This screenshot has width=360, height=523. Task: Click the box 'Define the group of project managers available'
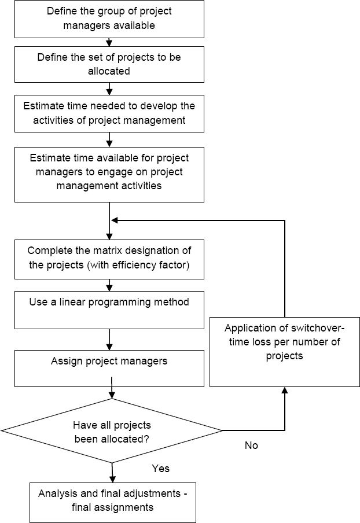(x=109, y=19)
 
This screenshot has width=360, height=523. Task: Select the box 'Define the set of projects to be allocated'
(x=109, y=64)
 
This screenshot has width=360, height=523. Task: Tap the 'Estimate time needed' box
(x=109, y=113)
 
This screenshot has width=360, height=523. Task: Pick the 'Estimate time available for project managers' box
(x=109, y=174)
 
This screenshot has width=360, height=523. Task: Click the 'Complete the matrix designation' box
(x=109, y=257)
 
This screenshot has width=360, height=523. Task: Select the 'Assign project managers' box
(x=109, y=367)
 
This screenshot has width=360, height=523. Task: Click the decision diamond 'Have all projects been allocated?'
(x=111, y=431)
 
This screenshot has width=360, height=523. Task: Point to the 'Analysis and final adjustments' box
(x=112, y=500)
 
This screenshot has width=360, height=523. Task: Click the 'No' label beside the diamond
(x=251, y=445)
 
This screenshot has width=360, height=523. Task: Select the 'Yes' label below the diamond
(x=160, y=468)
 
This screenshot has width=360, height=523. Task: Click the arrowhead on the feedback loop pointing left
(x=115, y=220)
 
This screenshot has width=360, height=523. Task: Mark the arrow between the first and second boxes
(x=109, y=42)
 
